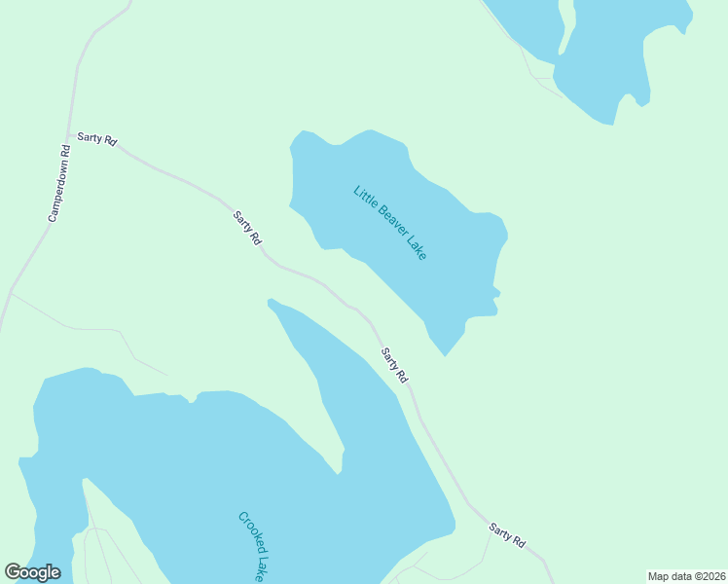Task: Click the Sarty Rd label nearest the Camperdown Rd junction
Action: (x=97, y=140)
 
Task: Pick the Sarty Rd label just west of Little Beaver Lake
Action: (x=247, y=227)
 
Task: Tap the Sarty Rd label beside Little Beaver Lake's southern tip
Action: (x=394, y=364)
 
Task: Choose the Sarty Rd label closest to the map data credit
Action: (x=507, y=534)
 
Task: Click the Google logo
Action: (x=32, y=572)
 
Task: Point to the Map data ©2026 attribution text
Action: (x=686, y=575)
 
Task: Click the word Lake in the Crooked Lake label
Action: (x=262, y=568)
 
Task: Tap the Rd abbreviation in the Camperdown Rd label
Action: (x=65, y=151)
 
